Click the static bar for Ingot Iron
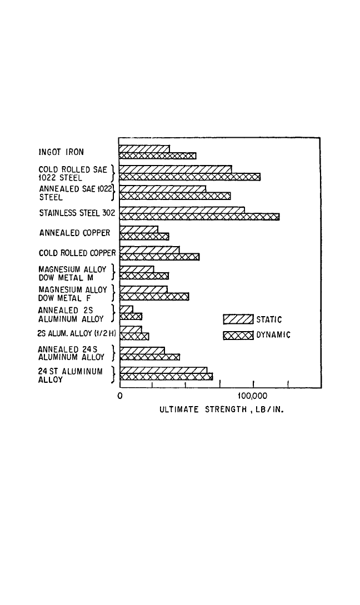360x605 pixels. (144, 149)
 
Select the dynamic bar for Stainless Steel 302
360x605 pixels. (199, 217)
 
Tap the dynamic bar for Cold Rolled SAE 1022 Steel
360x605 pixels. (190, 177)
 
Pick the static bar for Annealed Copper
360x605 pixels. (139, 229)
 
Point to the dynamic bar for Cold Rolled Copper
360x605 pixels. (159, 257)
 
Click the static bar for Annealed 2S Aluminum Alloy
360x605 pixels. (126, 309)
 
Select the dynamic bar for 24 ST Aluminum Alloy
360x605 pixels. (166, 377)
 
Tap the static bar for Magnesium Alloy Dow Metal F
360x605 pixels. (143, 289)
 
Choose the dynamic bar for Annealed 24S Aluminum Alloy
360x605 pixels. (149, 357)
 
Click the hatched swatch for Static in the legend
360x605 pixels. (238, 319)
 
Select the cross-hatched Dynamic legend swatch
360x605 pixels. (238, 335)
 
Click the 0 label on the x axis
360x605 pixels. (119, 396)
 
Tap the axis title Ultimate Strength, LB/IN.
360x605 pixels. (222, 409)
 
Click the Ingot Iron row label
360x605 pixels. (61, 152)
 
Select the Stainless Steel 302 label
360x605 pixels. (77, 213)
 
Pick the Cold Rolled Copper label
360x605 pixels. (77, 253)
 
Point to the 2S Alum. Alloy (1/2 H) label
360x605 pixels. (77, 333)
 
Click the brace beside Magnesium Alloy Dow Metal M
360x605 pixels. (113, 272)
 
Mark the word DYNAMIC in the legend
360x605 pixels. (273, 335)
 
